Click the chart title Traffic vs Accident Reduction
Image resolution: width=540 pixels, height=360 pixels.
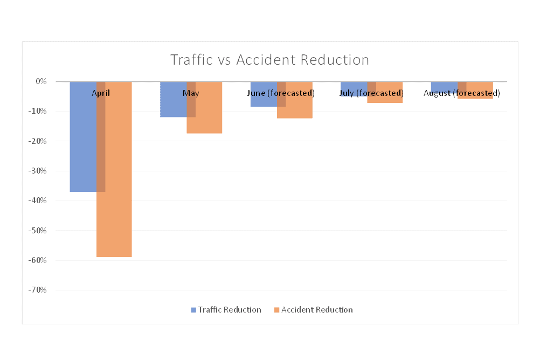(x=269, y=60)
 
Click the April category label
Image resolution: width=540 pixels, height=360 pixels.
(x=101, y=93)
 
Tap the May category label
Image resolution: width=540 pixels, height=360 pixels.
(x=191, y=93)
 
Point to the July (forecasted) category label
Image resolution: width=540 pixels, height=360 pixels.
(x=372, y=93)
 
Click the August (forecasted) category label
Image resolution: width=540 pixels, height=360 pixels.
(x=462, y=93)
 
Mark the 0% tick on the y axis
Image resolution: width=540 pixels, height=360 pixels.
(x=41, y=81)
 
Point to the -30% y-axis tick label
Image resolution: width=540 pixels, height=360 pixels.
(x=39, y=171)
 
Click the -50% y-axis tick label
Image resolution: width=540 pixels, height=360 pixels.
(x=39, y=231)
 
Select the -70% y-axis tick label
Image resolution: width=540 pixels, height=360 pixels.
(x=39, y=290)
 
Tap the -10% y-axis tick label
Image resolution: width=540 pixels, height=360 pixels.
(x=39, y=112)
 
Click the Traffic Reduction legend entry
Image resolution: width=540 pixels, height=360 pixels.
(x=226, y=310)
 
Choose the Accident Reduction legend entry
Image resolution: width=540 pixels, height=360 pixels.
(x=313, y=310)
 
